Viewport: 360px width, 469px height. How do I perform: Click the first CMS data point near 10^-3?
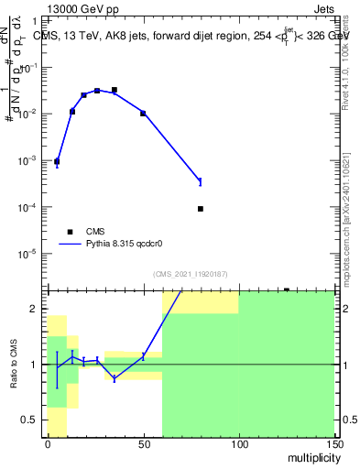57,161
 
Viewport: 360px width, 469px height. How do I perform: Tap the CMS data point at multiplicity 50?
143,113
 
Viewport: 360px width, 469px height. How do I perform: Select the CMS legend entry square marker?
70,232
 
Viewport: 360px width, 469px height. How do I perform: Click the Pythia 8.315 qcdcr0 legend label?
128,245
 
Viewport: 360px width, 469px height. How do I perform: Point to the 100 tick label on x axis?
238,444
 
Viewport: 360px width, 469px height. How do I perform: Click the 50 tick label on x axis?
143,444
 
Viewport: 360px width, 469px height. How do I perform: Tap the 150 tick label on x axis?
333,444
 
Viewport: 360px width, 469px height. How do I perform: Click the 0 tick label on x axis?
48,444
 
